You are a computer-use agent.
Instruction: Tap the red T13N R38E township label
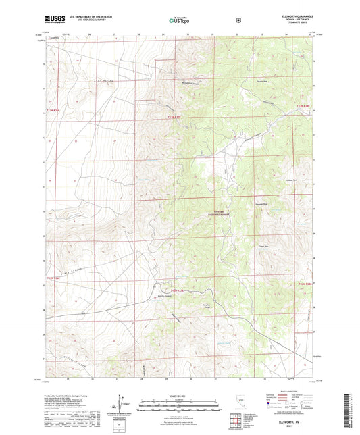[x=305, y=105]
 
